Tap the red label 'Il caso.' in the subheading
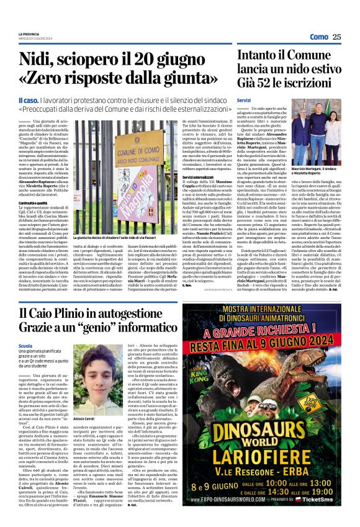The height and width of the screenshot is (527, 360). tap(47, 100)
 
